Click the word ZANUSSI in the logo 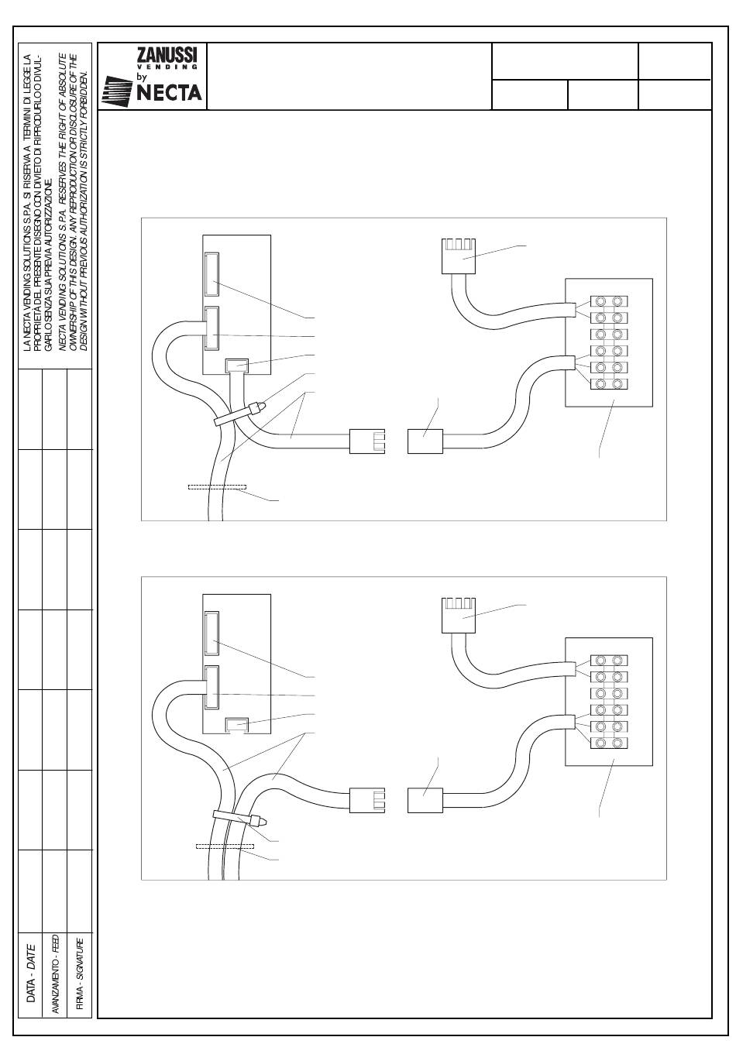[167, 55]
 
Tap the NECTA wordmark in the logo [169, 92]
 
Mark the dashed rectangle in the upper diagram [217, 487]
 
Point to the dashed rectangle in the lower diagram [225, 846]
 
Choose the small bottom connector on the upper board [236, 366]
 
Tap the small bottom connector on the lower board [236, 726]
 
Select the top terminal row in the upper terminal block [609, 300]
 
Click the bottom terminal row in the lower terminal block [609, 743]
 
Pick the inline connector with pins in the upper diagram [367, 441]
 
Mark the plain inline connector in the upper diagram [425, 441]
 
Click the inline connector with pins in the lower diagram [367, 800]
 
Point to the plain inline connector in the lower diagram [425, 800]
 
